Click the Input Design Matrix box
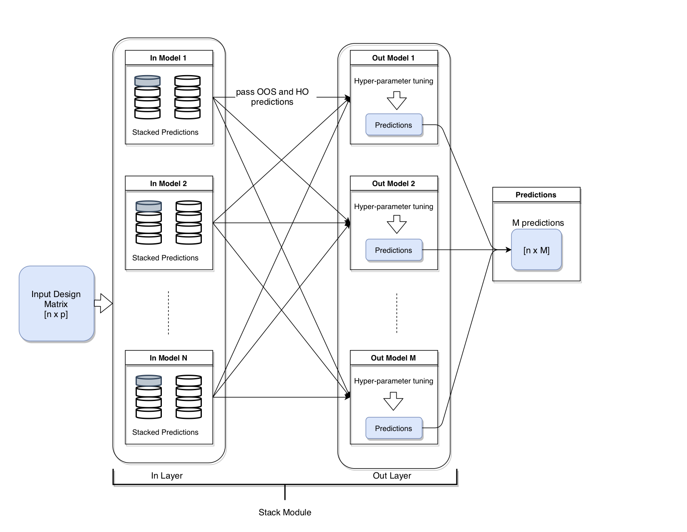[56, 304]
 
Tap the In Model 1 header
[169, 58]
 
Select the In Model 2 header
[169, 184]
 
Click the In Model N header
[169, 358]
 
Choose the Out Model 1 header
[393, 58]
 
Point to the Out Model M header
[393, 358]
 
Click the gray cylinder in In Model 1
[147, 81]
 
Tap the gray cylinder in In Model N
[148, 381]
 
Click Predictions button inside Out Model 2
[394, 250]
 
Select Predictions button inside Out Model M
[394, 428]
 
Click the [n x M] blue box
[536, 250]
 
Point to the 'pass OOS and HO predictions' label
[272, 97]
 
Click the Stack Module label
[285, 512]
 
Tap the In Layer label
[167, 476]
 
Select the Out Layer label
[392, 476]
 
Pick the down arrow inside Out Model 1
[397, 101]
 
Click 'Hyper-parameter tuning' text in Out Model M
[394, 381]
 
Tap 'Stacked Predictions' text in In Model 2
[165, 258]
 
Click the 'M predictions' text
[538, 223]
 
